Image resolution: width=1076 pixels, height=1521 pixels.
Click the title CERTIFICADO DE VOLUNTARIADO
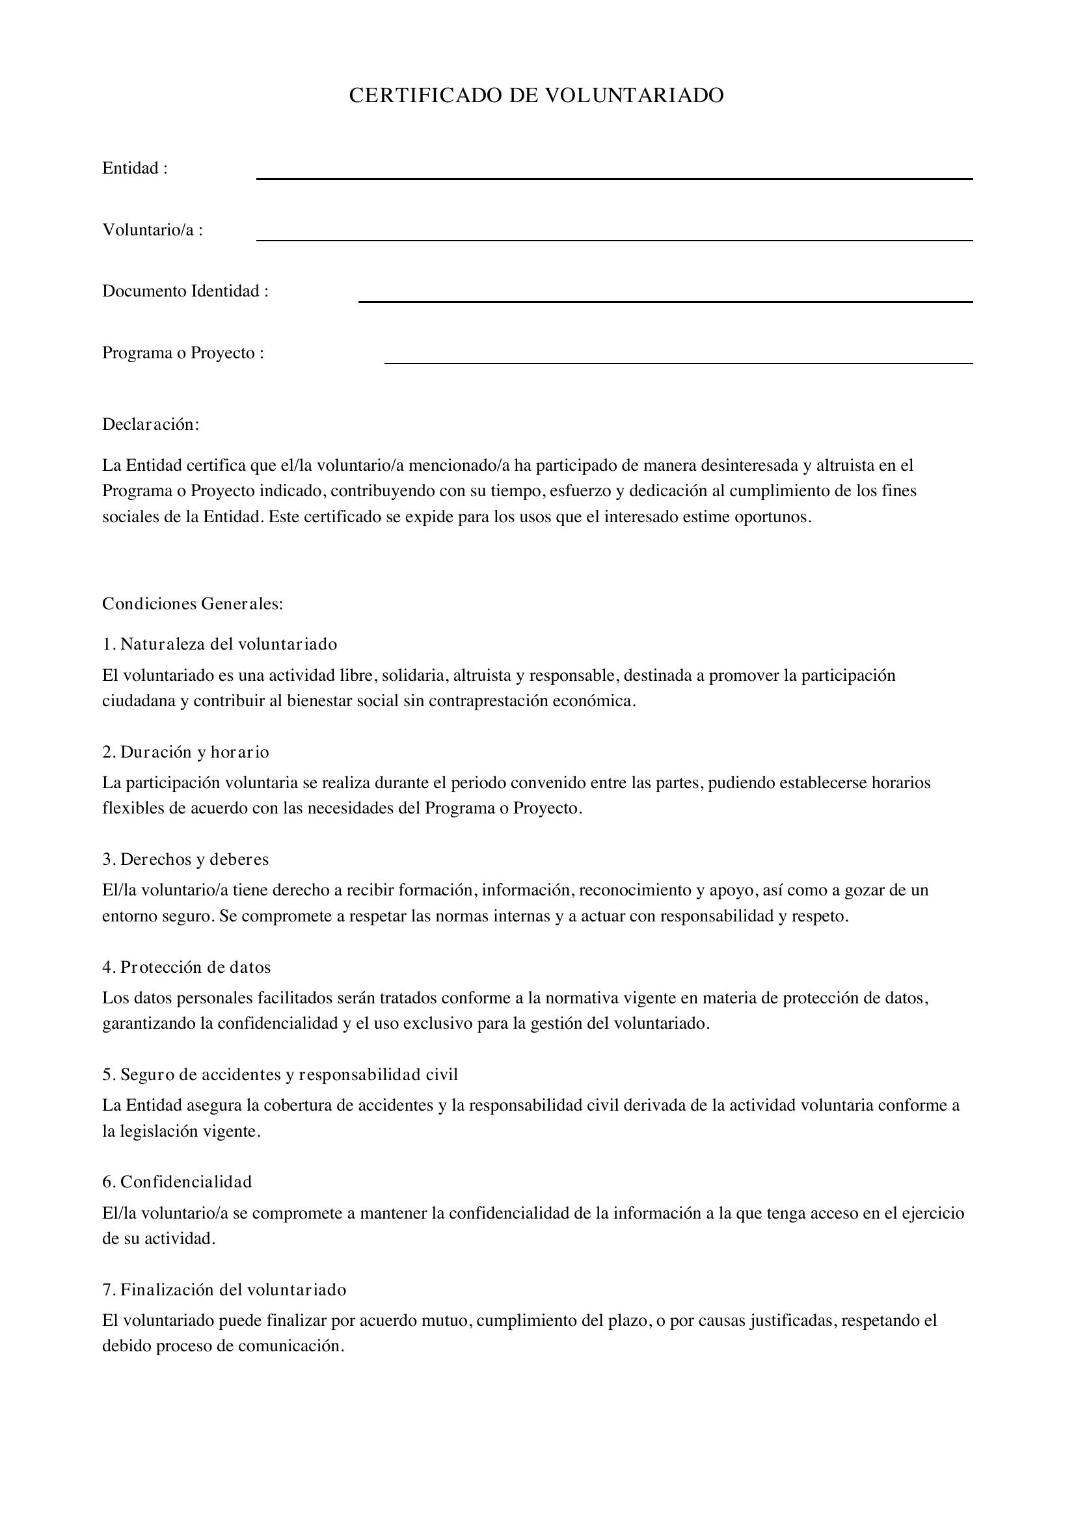(536, 96)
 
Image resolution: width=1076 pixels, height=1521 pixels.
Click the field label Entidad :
(135, 168)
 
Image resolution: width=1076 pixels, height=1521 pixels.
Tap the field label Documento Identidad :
(185, 291)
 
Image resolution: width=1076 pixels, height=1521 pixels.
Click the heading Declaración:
(150, 425)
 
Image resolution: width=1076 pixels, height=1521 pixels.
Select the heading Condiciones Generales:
(193, 604)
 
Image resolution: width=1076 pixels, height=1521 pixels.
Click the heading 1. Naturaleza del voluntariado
(219, 644)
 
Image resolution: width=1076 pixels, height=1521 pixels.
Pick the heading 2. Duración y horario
(185, 752)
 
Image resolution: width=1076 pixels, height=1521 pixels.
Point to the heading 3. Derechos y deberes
(185, 859)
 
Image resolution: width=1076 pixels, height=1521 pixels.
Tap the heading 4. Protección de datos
(186, 967)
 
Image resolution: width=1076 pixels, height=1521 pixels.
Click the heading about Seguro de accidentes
(280, 1074)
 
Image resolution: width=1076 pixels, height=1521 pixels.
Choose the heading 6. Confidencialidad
(177, 1182)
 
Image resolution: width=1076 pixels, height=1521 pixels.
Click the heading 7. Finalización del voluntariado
(224, 1290)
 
